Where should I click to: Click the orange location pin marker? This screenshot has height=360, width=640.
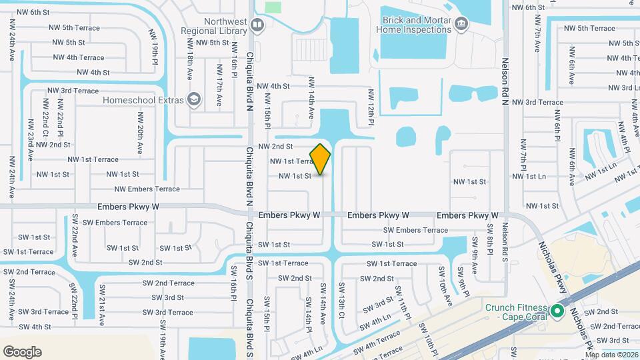coord(321,159)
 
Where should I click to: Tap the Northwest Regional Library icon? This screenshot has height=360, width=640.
coord(258,25)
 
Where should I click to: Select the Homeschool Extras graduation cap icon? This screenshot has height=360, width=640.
coord(194,100)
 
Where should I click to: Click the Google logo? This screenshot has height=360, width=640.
coord(23,351)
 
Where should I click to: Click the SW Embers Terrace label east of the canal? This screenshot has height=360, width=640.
coord(415,230)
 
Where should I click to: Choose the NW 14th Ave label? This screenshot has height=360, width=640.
coord(311,97)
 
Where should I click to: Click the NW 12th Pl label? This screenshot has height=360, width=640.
coord(371,108)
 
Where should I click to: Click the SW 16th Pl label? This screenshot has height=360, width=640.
coord(234,283)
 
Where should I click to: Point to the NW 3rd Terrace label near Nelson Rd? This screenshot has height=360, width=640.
coord(535,102)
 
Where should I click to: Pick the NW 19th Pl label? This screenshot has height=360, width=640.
coord(154,59)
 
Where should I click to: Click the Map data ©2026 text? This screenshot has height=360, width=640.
coord(611,355)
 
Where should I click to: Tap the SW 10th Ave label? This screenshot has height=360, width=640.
coord(442,280)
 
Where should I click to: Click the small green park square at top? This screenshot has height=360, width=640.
coord(273,7)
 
